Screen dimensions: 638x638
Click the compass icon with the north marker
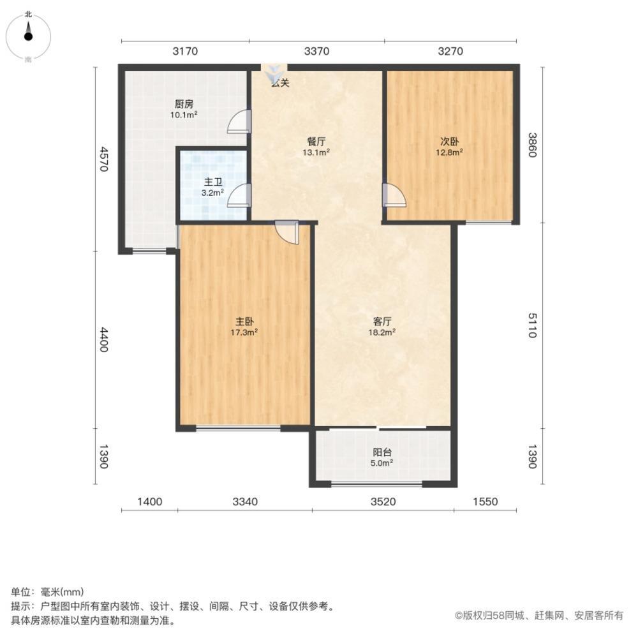(28, 36)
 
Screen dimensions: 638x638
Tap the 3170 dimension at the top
(185, 51)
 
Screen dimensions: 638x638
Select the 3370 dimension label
(316, 51)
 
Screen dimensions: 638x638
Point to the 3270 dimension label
(450, 51)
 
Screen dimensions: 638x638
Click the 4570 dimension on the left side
(104, 159)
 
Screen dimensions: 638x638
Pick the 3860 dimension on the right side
(533, 145)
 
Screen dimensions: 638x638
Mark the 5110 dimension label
(533, 325)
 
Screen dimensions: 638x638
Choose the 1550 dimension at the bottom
(486, 501)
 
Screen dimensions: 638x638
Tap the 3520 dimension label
(383, 501)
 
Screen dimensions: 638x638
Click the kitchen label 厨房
(184, 104)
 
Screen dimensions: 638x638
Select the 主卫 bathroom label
(213, 182)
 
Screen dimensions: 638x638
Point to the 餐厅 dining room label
(316, 142)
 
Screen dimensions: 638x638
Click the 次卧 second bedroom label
(449, 142)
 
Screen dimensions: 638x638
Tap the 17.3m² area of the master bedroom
(244, 332)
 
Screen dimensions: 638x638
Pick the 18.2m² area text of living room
(382, 332)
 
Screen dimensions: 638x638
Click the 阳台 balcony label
(382, 452)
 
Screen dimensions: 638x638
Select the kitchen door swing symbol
(239, 121)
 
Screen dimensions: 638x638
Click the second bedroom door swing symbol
(394, 195)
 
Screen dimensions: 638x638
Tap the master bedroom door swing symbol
(287, 233)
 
